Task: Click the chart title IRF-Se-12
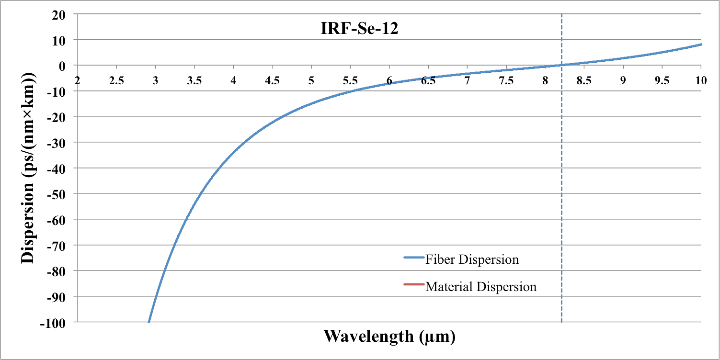(x=360, y=28)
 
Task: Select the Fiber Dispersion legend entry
(x=472, y=259)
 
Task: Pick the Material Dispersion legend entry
(x=481, y=287)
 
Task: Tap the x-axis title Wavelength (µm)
(x=389, y=336)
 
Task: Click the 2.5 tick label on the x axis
(x=116, y=80)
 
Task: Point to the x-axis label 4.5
(x=273, y=80)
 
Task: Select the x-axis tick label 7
(x=467, y=80)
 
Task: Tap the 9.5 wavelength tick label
(x=662, y=80)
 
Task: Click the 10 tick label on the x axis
(x=701, y=80)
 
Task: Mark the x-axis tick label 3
(x=155, y=80)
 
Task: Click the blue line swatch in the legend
(x=414, y=258)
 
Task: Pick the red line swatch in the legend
(x=414, y=285)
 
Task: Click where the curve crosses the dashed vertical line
(x=561, y=65)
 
